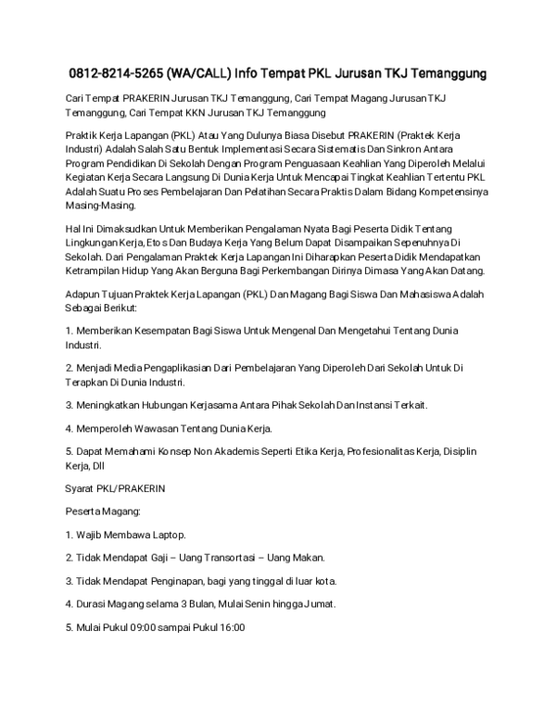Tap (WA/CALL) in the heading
pyautogui.click(x=200, y=72)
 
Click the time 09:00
pyautogui.click(x=141, y=627)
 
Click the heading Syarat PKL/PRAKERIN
pyautogui.click(x=115, y=487)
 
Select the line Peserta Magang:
pyautogui.click(x=103, y=511)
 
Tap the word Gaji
pyautogui.click(x=176, y=558)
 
